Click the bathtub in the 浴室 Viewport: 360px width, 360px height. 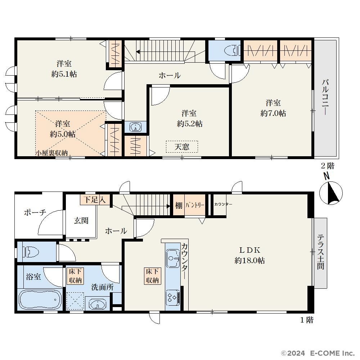click(x=40, y=300)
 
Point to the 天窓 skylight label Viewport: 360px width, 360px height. click(x=182, y=147)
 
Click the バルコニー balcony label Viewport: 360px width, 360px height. click(x=325, y=96)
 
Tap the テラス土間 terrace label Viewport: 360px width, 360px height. click(x=321, y=252)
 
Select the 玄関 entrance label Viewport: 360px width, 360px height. click(x=81, y=220)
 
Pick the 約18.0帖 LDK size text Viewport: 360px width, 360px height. click(x=249, y=260)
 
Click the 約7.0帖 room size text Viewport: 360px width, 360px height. click(x=273, y=113)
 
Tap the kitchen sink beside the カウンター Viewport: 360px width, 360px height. click(x=173, y=258)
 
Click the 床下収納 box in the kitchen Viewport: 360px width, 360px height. click(x=152, y=276)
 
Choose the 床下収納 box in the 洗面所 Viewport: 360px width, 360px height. click(x=75, y=276)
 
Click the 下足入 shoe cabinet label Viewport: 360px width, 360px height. click(x=94, y=199)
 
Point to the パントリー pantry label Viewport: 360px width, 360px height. click(x=195, y=205)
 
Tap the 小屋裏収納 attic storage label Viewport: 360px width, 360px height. click(x=51, y=153)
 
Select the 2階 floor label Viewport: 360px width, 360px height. click(x=327, y=166)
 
